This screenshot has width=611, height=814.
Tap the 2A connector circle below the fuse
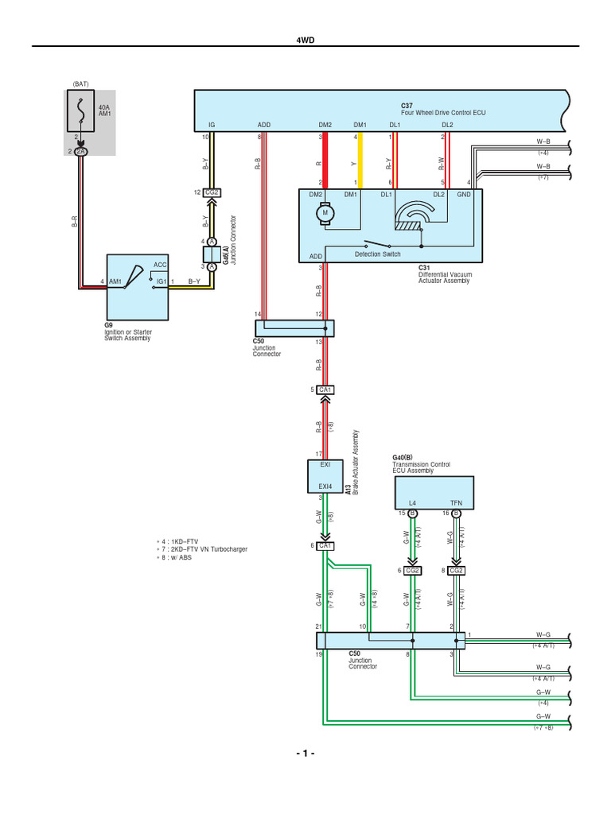80,151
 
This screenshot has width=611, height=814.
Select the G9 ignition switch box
138,286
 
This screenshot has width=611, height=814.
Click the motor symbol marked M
325,213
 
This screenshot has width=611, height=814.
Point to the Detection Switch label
377,254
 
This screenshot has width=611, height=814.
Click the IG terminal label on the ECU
212,125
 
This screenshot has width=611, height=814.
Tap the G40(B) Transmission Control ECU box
434,493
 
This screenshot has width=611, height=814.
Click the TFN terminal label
456,504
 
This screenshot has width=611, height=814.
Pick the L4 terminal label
413,504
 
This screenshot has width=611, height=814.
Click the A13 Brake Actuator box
325,475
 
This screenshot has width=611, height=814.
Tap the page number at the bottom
305,753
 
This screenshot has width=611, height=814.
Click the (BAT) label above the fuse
80,83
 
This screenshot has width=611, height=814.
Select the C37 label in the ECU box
407,106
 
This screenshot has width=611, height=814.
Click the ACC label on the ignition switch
160,265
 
